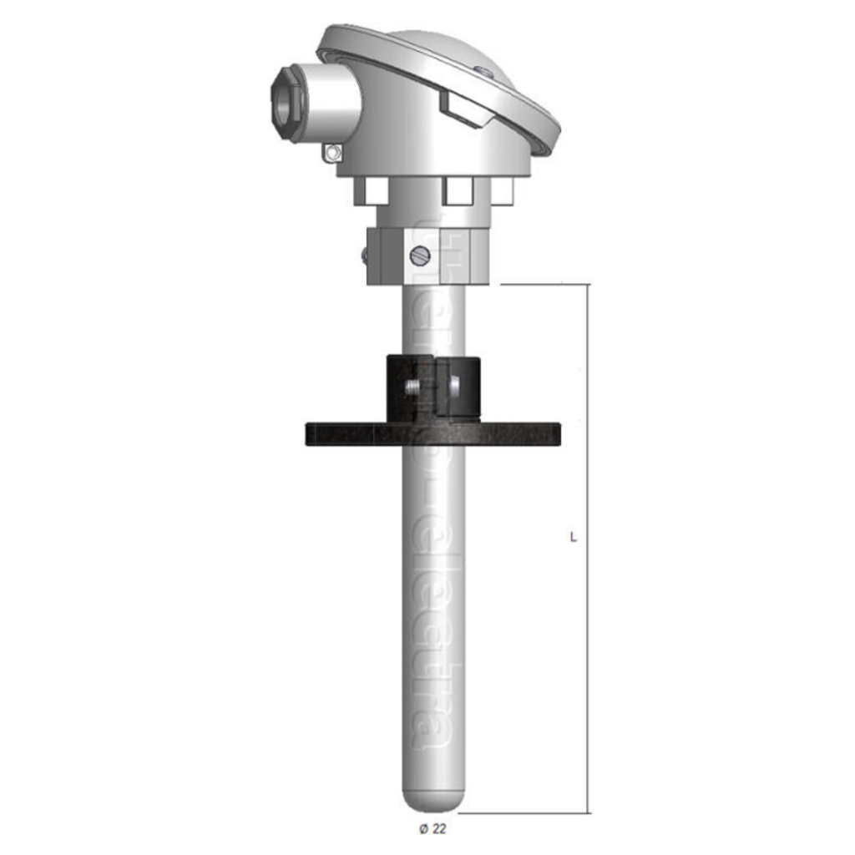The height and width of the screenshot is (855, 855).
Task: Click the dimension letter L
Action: click(x=573, y=538)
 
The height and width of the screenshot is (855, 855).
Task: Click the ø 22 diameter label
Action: click(x=433, y=828)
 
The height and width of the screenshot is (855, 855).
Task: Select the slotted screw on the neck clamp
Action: click(x=420, y=257)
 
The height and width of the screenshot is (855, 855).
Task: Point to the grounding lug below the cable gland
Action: click(x=333, y=153)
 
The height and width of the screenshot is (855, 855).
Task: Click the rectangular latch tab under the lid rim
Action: click(x=460, y=111)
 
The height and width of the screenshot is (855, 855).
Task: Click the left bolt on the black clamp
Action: click(x=411, y=387)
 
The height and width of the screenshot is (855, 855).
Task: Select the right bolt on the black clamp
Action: click(x=453, y=386)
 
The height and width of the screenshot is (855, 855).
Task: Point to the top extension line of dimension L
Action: click(x=543, y=285)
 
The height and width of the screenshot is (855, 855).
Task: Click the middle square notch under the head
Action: click(x=457, y=190)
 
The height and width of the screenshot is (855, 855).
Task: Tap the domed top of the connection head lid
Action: click(x=451, y=50)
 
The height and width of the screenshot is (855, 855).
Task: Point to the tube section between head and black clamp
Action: click(x=433, y=321)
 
